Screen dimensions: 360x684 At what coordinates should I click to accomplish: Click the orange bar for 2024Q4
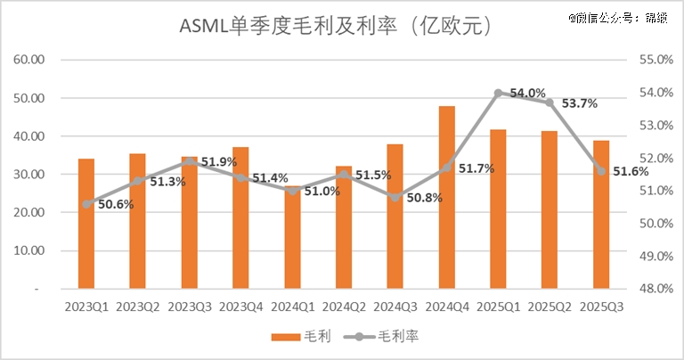(x=447, y=197)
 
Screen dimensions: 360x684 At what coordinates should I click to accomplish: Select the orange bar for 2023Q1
(x=86, y=224)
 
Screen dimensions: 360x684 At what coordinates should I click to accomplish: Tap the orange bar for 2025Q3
(x=601, y=215)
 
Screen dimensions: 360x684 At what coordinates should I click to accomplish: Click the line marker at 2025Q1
(x=499, y=93)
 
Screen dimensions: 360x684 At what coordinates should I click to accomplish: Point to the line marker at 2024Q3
(x=395, y=197)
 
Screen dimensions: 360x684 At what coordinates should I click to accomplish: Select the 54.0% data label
(x=526, y=93)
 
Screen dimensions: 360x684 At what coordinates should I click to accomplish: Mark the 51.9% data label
(x=218, y=162)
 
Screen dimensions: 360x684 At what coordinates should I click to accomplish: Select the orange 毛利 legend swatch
(x=286, y=337)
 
